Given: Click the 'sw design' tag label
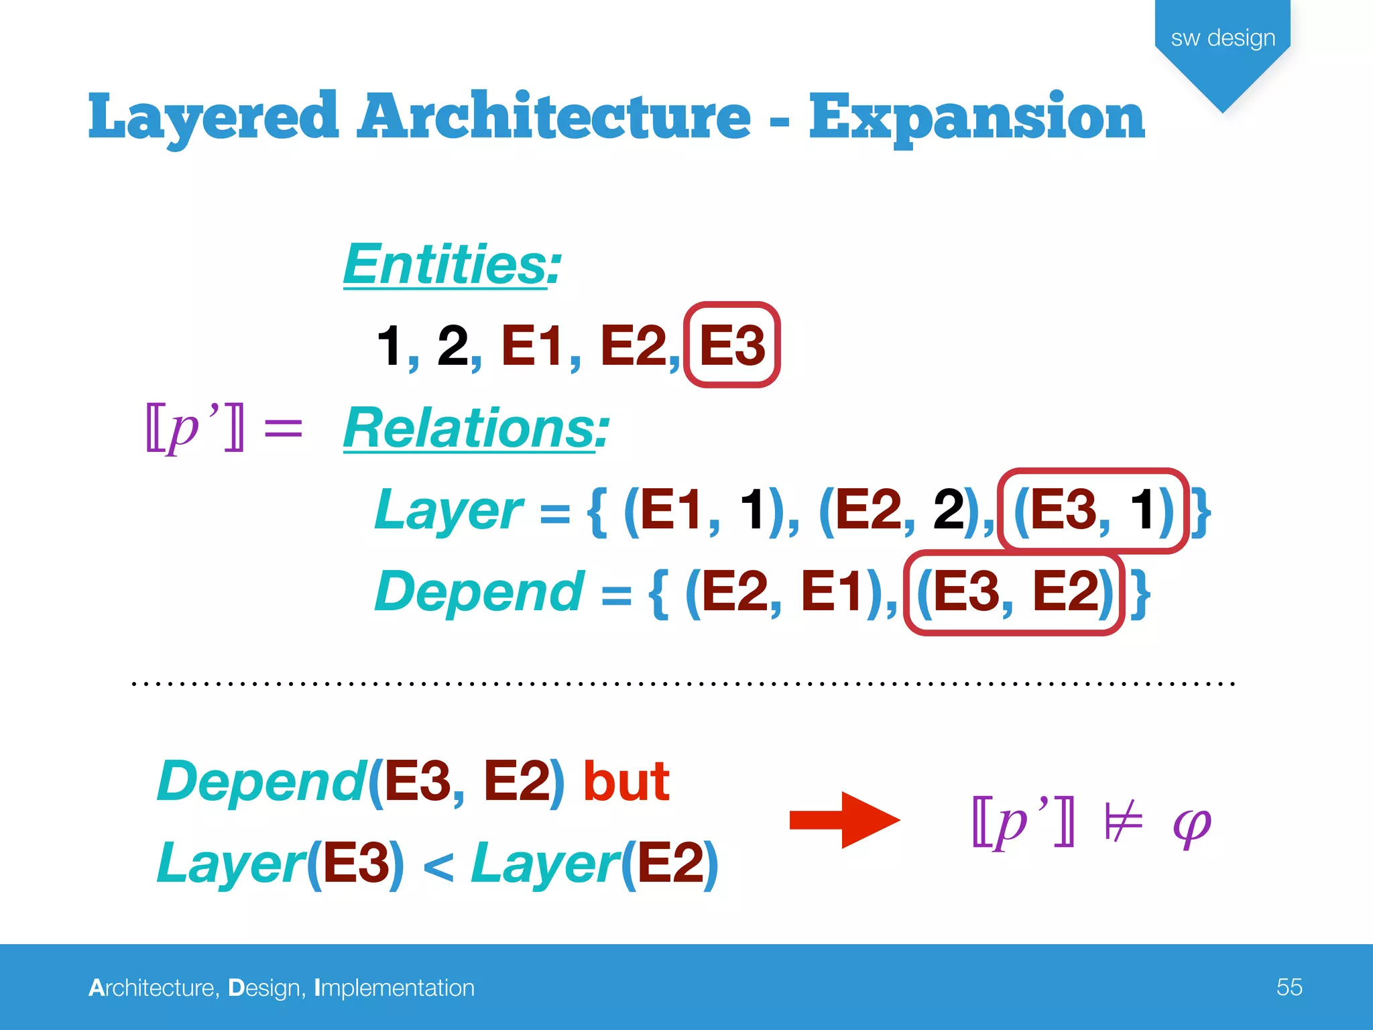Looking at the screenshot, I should coord(1223,38).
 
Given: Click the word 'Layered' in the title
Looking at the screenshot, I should coord(213,117).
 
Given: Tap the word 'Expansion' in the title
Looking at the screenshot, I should coord(977,117).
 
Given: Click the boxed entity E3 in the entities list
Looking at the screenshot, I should coord(731,345).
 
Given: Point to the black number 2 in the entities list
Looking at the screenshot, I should coord(453,345).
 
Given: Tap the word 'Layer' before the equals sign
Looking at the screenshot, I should coord(448,510).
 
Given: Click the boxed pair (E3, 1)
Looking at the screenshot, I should coord(1093,510).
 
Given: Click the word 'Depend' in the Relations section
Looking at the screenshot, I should coord(479,592).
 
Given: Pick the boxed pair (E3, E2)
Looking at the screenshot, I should coord(1014,592).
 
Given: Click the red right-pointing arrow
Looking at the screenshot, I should coord(845,819).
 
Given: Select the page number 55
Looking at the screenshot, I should coord(1289,987).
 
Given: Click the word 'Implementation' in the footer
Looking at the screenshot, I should coord(394,988).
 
